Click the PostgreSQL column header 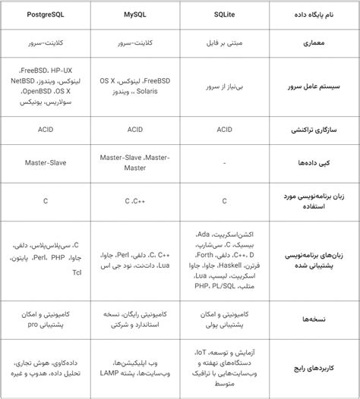tap(46, 14)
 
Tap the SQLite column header tap(224, 14)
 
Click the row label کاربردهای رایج tap(314, 369)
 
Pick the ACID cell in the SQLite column tap(224, 130)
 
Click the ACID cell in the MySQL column tap(135, 130)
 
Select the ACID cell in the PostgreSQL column tap(46, 130)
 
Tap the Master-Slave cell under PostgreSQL tap(46, 162)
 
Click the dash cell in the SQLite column tap(224, 162)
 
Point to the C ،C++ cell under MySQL tap(135, 201)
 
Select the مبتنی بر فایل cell tap(224, 44)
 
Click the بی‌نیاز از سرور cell tap(224, 88)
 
